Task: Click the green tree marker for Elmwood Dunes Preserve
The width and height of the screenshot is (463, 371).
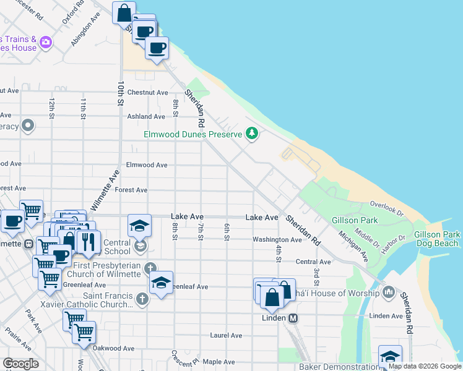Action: point(251,134)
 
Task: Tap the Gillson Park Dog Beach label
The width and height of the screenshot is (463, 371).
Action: point(437,239)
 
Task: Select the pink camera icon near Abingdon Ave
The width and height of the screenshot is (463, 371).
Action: point(45,43)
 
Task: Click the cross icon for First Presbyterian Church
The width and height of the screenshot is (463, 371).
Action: point(149,268)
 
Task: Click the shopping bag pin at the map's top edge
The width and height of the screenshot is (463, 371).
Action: point(124,12)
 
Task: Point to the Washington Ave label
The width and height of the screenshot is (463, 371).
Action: point(277,240)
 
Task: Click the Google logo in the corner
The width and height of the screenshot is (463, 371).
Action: point(20,364)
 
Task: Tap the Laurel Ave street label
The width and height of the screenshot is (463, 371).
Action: point(226,336)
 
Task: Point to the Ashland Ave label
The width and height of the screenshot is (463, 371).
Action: point(146,116)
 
